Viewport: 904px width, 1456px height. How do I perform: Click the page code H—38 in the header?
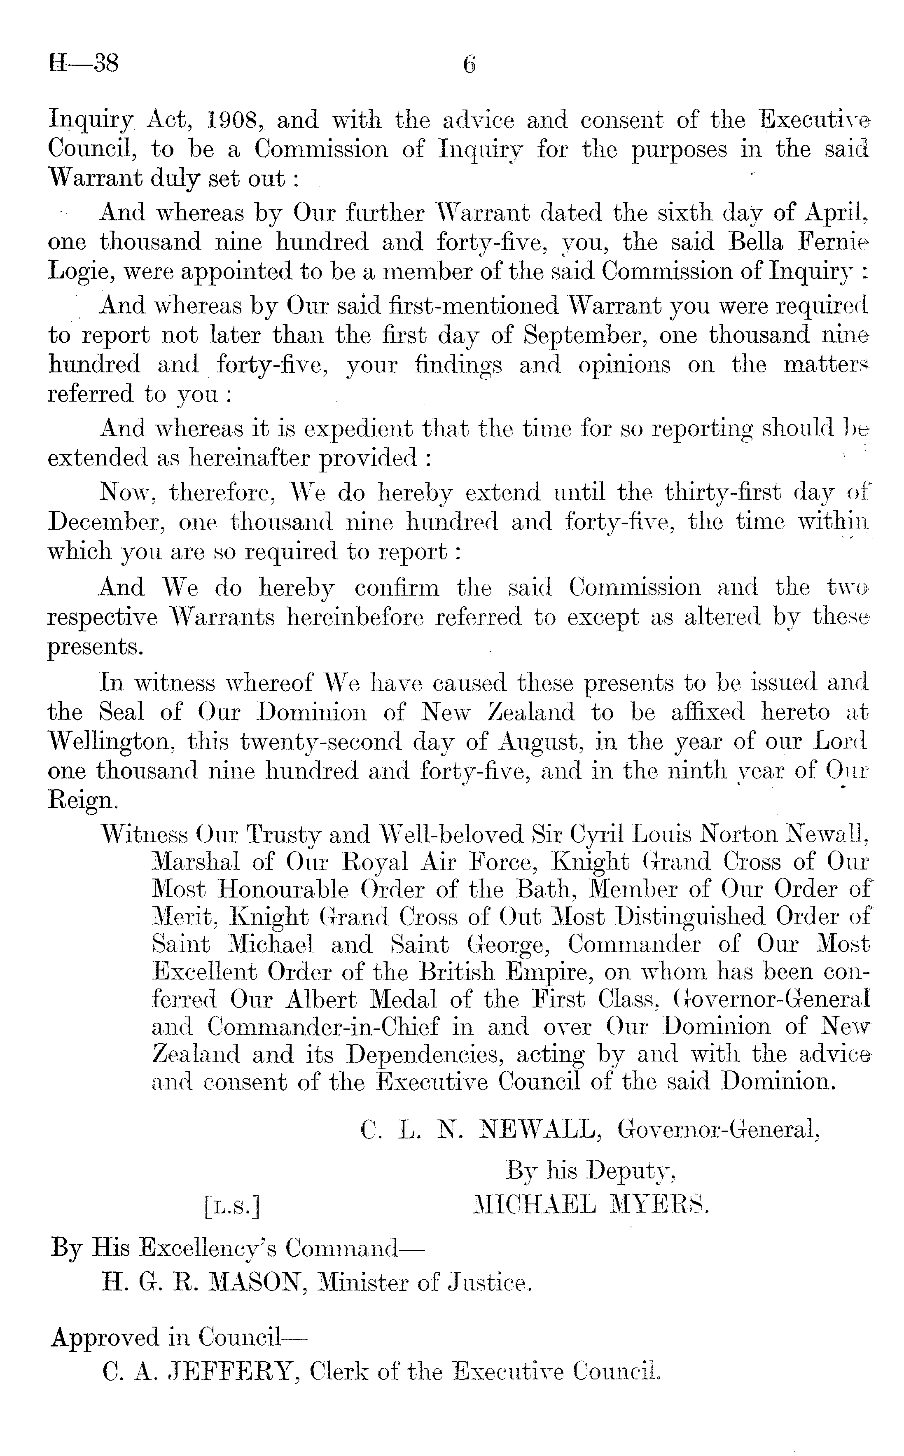[84, 63]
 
